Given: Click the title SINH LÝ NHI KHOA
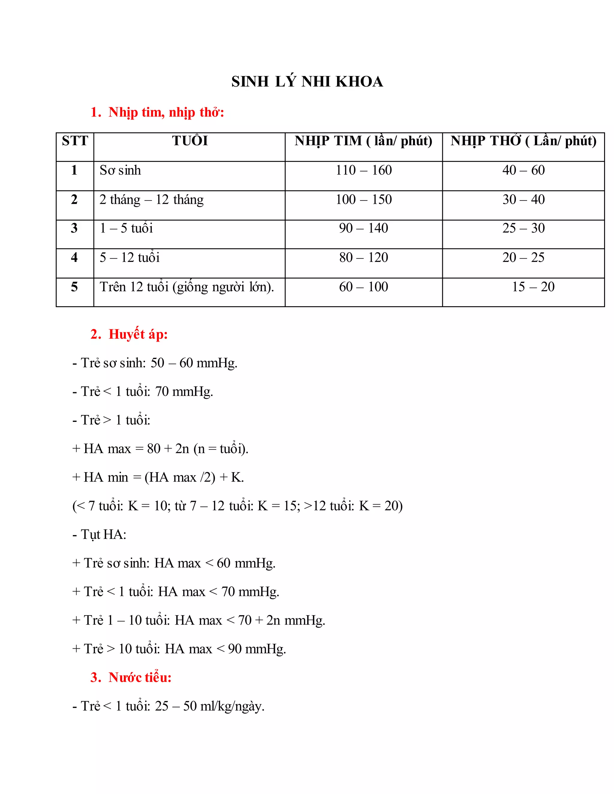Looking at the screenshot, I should click(307, 81).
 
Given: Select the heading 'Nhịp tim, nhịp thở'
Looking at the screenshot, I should click(166, 112).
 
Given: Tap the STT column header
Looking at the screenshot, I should click(75, 141).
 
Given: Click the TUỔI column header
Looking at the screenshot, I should click(190, 141).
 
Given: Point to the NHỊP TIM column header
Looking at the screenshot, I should click(363, 141).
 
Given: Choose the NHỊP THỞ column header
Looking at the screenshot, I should click(523, 141).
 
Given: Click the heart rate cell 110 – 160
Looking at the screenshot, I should click(363, 170).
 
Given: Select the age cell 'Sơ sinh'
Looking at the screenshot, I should click(121, 170).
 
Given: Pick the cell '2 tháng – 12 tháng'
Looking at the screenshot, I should click(151, 200).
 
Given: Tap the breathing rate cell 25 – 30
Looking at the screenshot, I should click(523, 228).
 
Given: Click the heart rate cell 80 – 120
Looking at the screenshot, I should click(363, 257).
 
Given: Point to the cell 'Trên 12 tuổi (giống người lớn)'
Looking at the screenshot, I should click(186, 287).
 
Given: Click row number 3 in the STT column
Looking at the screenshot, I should click(74, 228).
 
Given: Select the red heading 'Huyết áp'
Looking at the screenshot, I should click(138, 334).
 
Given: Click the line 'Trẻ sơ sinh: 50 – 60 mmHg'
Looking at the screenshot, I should click(155, 363).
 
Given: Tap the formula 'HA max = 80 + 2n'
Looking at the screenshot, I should click(160, 449).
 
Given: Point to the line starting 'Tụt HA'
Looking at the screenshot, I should click(99, 535).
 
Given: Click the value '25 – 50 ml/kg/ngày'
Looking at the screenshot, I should click(210, 706).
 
